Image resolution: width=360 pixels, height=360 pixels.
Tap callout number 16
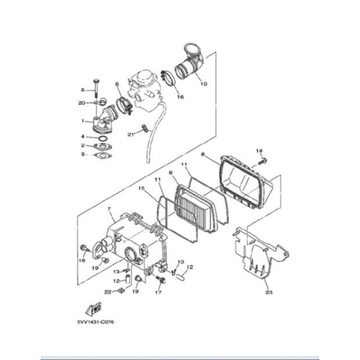pyautogui.click(x=180, y=97)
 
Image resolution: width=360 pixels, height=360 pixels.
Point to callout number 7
pyautogui.click(x=109, y=208)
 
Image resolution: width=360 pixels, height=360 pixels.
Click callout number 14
pyautogui.click(x=259, y=150)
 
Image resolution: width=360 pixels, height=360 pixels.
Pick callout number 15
pyautogui.click(x=141, y=188)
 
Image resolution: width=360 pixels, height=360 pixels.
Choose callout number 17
pyautogui.click(x=158, y=293)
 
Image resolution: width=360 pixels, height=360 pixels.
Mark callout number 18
pyautogui.click(x=82, y=261)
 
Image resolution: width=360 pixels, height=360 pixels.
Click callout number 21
pyautogui.click(x=131, y=134)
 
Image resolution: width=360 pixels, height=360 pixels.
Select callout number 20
pyautogui.click(x=82, y=103)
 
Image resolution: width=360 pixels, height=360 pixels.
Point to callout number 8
pyautogui.click(x=202, y=154)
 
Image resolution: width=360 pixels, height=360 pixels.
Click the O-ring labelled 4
pyautogui.click(x=102, y=138)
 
